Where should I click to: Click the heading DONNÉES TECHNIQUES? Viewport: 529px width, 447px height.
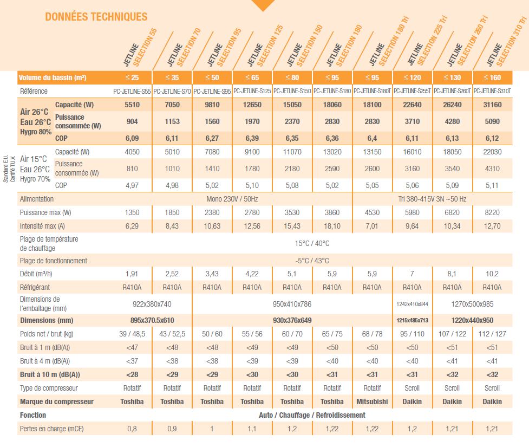point(96,17)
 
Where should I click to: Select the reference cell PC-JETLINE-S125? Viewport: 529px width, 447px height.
point(252,91)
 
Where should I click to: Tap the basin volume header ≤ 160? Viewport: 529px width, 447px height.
point(492,77)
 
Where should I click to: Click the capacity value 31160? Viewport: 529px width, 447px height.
point(492,105)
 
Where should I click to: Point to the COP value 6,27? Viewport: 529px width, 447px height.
point(212,138)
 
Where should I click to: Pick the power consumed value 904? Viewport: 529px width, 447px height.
point(132,121)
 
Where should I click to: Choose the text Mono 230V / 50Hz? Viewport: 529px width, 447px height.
point(232,199)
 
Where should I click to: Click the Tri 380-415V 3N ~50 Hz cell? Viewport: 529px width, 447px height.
point(432,199)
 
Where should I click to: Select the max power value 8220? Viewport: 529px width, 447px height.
point(492,213)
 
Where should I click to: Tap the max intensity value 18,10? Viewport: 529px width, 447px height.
point(332,226)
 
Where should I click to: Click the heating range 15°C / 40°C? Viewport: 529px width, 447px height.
point(312,243)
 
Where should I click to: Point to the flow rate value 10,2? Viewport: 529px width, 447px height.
point(492,274)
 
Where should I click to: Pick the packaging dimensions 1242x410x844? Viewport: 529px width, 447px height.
point(412,304)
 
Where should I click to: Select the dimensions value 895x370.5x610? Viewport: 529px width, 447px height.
point(152,320)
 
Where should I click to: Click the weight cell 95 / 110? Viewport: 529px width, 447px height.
point(412,334)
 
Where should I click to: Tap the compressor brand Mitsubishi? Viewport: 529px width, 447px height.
point(372,402)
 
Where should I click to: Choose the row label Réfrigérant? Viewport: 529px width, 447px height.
point(35,287)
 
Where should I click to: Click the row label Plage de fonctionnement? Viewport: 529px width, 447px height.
point(53,261)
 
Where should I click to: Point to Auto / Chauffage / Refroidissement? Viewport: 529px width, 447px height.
point(312,415)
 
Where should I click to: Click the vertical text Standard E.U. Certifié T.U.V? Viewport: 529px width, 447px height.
point(9,169)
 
